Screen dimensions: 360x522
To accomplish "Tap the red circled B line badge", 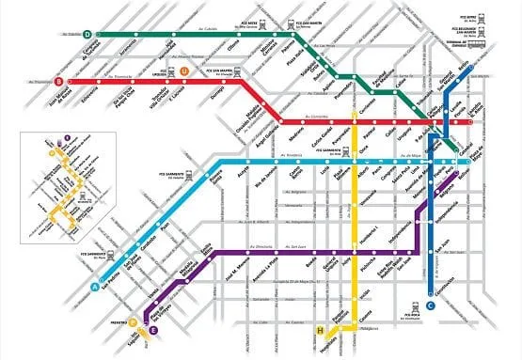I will [x=59, y=81].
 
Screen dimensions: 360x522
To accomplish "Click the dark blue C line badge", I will [x=431, y=305].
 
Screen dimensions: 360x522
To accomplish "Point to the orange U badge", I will [x=184, y=70].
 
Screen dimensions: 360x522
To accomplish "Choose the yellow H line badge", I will [x=323, y=329].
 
